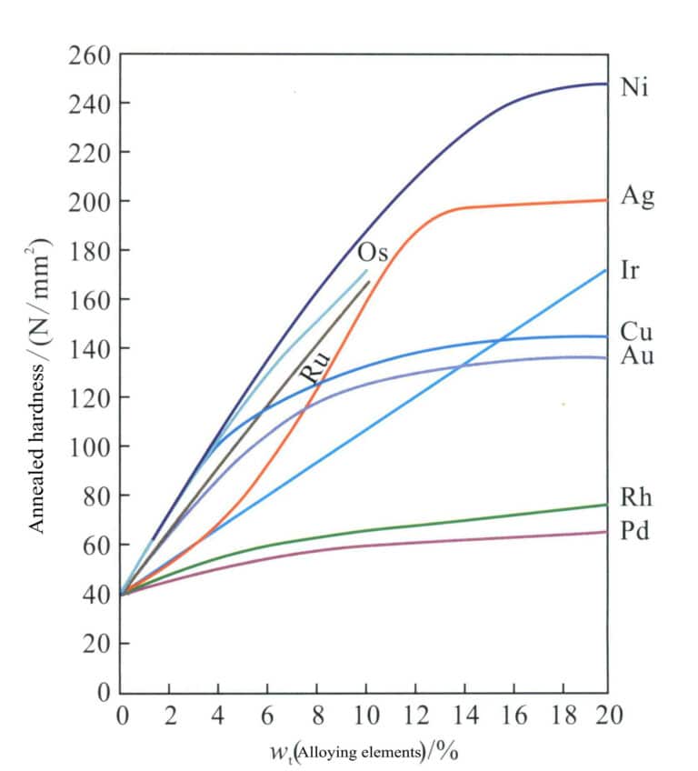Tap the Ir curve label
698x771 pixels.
tap(632, 271)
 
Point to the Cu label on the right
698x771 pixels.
tap(636, 332)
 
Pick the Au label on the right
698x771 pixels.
tap(637, 355)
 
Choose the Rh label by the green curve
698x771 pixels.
tap(636, 498)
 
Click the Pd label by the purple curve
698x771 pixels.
tap(636, 530)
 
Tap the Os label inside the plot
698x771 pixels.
tap(373, 252)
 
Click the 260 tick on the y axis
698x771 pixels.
tap(88, 55)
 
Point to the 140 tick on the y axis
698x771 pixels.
tap(88, 349)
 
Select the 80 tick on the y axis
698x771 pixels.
tap(94, 496)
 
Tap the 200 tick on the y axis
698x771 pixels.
tap(88, 202)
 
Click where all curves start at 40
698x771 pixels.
tap(122, 595)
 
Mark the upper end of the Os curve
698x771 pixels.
tap(366, 270)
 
